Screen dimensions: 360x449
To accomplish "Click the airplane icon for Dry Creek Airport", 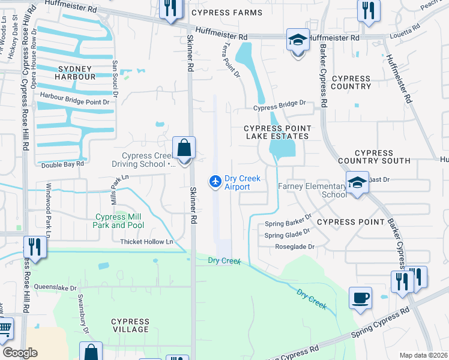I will [x=215, y=181].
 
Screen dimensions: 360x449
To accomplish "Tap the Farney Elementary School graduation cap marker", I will [x=357, y=182].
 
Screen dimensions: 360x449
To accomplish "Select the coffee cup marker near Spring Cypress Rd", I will [x=360, y=298].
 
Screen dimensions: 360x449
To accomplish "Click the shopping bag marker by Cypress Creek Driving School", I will [x=184, y=148].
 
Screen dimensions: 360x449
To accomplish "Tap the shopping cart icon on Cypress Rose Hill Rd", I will [x=5, y=329].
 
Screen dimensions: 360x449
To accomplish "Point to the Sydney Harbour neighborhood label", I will [x=76, y=73].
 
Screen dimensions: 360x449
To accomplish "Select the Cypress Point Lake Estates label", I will [x=277, y=133].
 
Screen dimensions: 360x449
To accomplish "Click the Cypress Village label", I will [x=130, y=325].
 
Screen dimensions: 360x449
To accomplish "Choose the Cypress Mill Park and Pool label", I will [x=119, y=221].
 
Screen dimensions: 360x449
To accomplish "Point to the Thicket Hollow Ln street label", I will [x=146, y=242].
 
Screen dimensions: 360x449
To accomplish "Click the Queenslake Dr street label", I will [x=56, y=287].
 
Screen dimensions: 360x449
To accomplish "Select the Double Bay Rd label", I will [x=62, y=163].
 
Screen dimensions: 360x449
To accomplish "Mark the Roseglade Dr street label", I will [x=295, y=247].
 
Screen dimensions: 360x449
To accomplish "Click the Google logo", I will [x=20, y=353].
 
